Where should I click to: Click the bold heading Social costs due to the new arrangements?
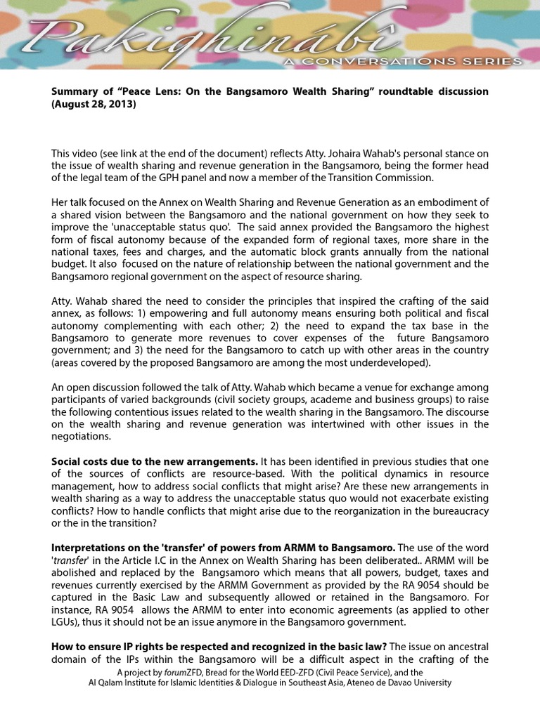coord(154,462)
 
